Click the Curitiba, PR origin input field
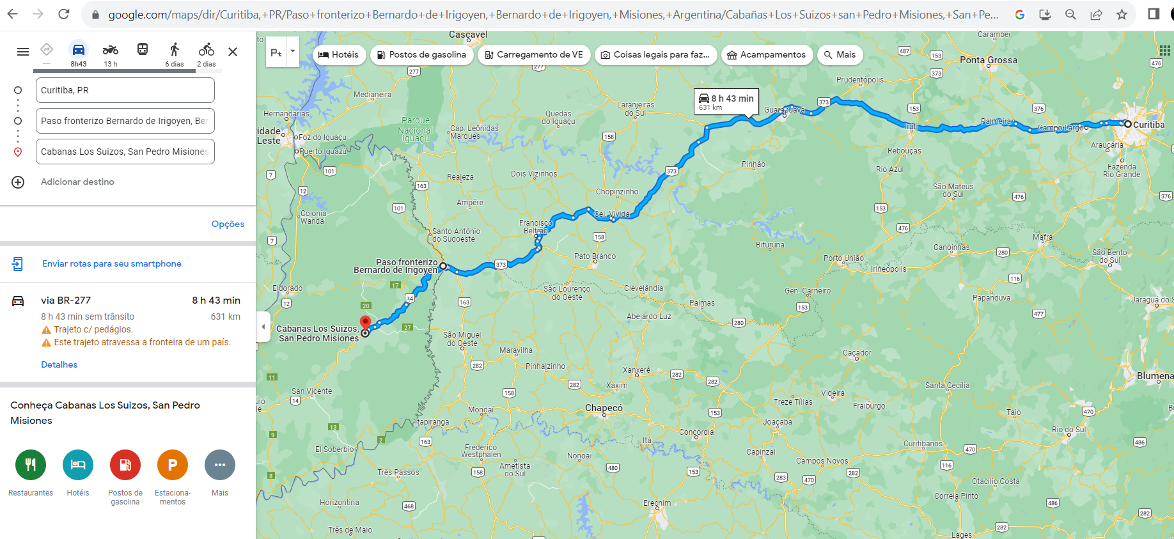pos(125,90)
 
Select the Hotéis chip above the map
pos(339,55)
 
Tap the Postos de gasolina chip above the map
pos(422,55)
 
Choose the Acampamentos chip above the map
pos(767,55)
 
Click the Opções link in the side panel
pos(228,224)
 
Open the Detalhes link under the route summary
pos(59,364)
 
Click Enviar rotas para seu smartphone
pos(111,263)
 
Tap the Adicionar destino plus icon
pos(18,182)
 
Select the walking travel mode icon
pos(174,50)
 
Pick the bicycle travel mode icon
pos(206,50)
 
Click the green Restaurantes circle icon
pos(31,465)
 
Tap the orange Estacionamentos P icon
pos(173,465)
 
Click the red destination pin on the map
pos(365,322)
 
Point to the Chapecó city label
pos(604,408)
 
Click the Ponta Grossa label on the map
pos(988,60)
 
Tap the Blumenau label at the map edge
pos(1155,376)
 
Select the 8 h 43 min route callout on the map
pos(726,101)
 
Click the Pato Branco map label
pos(595,256)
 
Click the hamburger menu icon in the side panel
pos(23,52)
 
